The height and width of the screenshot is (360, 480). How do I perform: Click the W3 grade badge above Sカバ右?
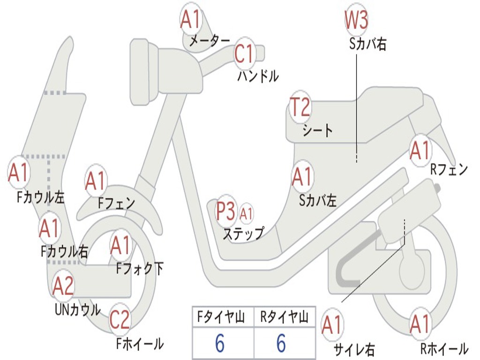point(356,20)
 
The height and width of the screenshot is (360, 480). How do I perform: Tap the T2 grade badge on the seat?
point(300,107)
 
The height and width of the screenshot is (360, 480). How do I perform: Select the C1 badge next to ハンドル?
point(244,54)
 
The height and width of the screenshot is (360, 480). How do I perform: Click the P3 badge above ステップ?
point(225,211)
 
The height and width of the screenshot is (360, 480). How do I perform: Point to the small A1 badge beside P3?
point(246,214)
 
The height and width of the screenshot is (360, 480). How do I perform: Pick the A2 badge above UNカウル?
point(63,285)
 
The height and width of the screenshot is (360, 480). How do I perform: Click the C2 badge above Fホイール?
point(120,320)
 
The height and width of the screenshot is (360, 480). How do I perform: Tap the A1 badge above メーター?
point(190,20)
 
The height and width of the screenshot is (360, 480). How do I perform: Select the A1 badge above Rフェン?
point(420,150)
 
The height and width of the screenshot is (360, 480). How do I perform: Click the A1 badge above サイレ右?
point(332,325)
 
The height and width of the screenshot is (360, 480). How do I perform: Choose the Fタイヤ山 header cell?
point(223,318)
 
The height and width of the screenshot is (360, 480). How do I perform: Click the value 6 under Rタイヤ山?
point(281,344)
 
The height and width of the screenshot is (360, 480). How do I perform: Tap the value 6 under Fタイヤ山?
point(220,344)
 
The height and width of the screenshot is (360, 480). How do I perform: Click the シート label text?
point(318,130)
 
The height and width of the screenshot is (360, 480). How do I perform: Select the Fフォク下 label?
point(140,268)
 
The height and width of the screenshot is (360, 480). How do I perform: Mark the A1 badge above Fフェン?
point(96,181)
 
